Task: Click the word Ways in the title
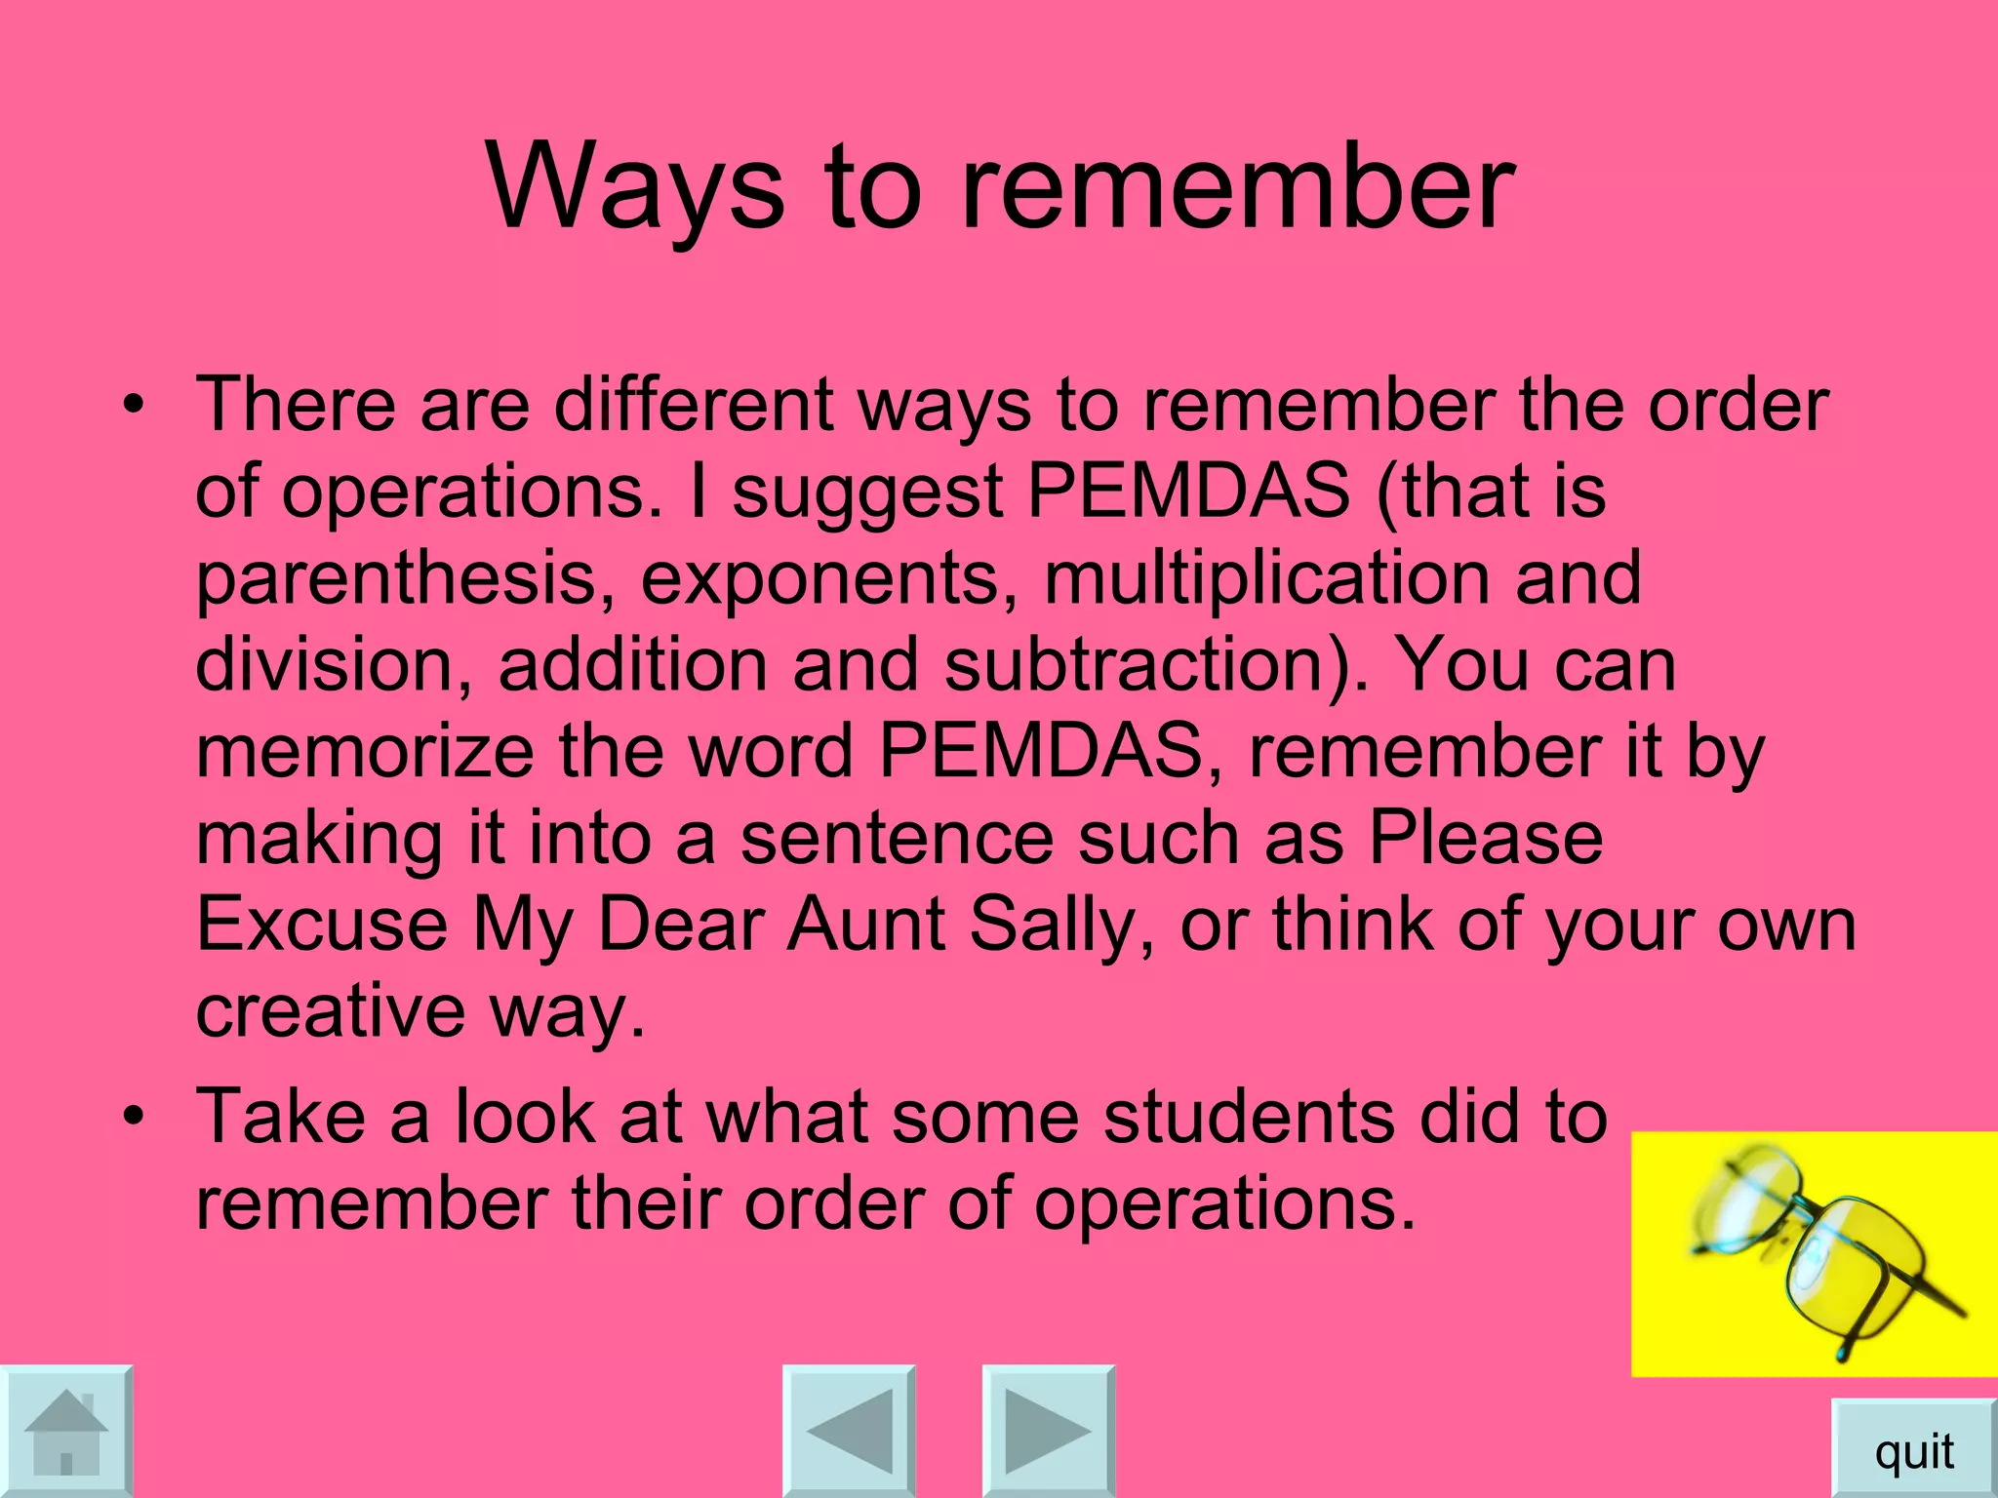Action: coord(635,187)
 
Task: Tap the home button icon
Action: coord(65,1431)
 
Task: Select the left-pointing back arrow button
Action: coord(850,1431)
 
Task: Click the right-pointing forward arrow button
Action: coord(1048,1431)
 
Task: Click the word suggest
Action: coord(868,493)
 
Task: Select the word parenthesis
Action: coord(406,578)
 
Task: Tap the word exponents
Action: coord(820,578)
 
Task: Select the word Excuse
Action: coord(322,924)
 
